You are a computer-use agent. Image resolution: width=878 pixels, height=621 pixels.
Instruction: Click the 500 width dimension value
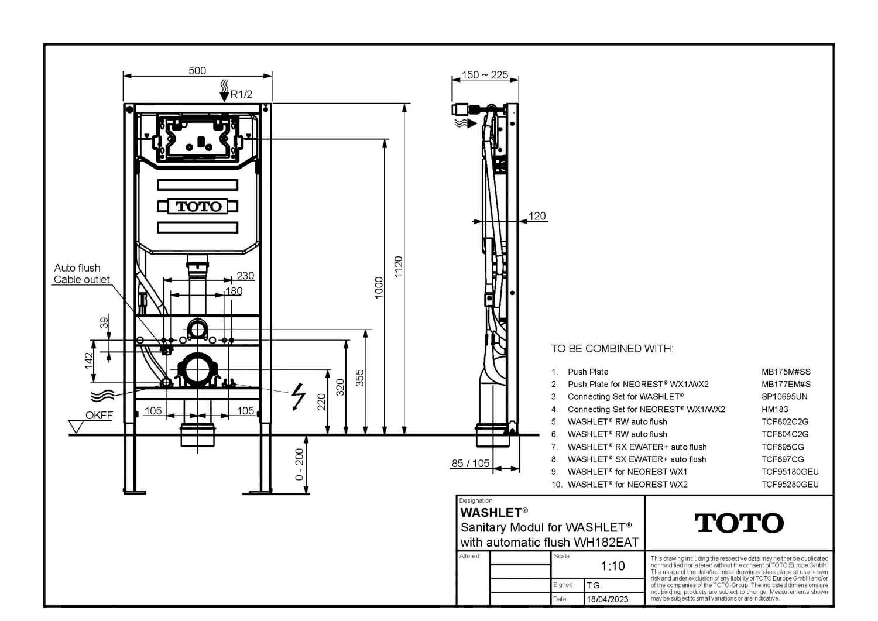coord(197,71)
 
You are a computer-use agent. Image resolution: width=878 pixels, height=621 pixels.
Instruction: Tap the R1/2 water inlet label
coord(241,94)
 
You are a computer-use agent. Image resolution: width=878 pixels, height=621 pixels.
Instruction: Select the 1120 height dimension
coord(398,266)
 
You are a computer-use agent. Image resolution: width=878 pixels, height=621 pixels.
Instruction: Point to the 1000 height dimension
coord(379,288)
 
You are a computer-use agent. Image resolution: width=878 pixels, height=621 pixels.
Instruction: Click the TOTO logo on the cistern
coord(199,206)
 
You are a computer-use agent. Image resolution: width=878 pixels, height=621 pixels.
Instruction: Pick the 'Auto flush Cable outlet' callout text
coord(81,274)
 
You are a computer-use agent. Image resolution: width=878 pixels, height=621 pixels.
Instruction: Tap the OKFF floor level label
coord(99,415)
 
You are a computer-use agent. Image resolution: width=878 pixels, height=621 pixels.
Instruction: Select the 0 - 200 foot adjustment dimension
coord(300,464)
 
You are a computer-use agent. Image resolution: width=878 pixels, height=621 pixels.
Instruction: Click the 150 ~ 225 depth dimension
coord(485,74)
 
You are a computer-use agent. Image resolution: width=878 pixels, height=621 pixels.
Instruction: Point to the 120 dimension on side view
coord(537,216)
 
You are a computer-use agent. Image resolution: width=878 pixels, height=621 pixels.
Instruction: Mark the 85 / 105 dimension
coord(471,464)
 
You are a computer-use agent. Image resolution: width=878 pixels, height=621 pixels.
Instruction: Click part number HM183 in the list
coord(774,409)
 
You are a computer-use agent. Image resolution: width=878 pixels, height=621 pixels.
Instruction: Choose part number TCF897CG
coord(783,459)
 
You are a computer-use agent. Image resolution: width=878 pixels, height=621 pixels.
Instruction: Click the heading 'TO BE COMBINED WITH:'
coord(612,348)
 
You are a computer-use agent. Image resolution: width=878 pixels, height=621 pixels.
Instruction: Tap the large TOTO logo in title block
coord(739,523)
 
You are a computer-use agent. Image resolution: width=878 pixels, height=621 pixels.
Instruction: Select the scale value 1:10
coord(613,566)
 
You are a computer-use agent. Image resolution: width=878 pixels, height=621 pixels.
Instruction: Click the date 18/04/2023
coord(607,599)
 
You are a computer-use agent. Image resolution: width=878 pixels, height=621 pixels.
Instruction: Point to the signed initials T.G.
coord(594,585)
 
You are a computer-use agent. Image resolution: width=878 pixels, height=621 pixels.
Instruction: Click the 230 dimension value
coord(245,276)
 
